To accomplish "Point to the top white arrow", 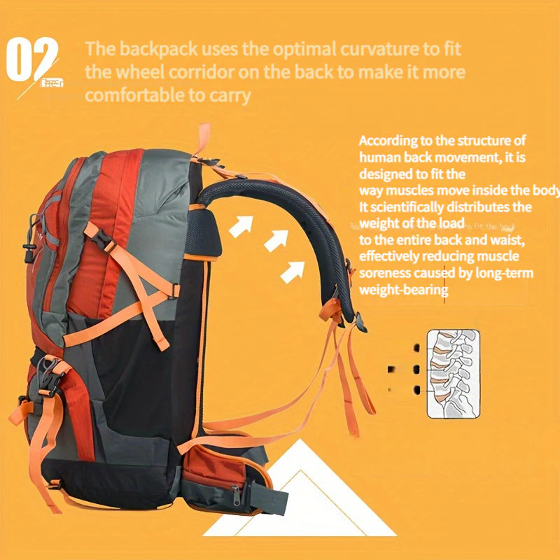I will point(240,225).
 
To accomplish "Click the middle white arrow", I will point(276,240).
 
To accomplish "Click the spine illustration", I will point(453,374).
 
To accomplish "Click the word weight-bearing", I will point(403,288).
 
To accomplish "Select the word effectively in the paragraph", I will point(393,255).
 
